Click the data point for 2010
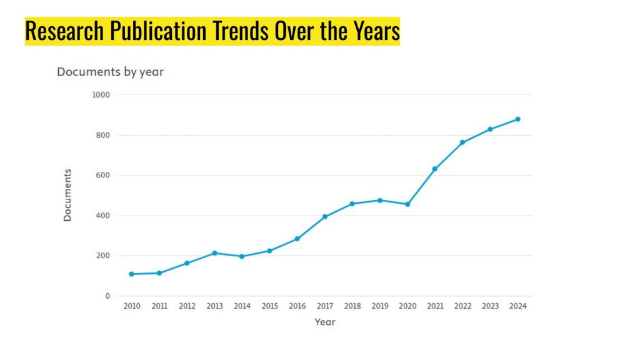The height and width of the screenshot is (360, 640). [x=132, y=274]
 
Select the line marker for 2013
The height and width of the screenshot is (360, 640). [x=214, y=253]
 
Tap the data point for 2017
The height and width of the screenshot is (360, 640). [x=325, y=216]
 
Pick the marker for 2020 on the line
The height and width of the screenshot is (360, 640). [x=407, y=204]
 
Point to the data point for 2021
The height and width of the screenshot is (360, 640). [x=435, y=169]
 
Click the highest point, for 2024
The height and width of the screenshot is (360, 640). [x=517, y=119]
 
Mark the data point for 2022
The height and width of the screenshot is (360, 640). [x=462, y=142]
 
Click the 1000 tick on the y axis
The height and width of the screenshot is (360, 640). [x=101, y=95]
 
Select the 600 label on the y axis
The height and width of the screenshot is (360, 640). [x=102, y=176]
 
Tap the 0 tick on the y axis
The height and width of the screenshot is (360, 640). [x=107, y=296]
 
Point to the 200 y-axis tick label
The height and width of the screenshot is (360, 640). [x=102, y=256]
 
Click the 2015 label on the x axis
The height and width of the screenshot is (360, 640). [x=269, y=306]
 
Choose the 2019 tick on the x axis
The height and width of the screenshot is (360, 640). [x=380, y=306]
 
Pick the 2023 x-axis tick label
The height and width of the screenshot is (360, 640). [x=490, y=306]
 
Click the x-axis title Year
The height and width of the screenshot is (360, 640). [x=325, y=322]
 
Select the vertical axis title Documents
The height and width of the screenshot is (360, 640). [x=67, y=195]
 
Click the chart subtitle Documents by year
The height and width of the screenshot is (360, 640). [x=110, y=72]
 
